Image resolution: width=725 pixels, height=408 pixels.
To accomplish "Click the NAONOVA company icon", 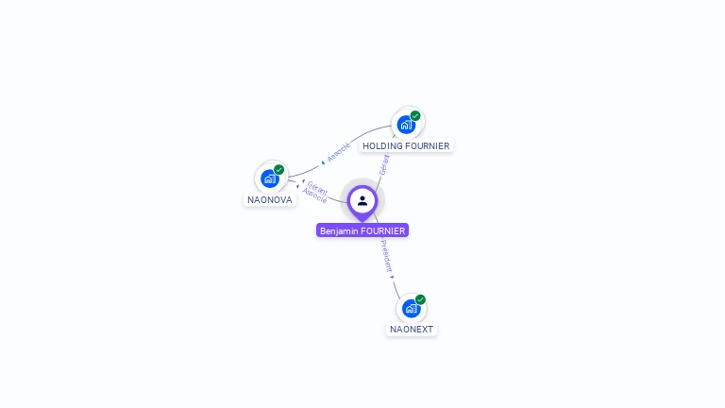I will tap(270, 178).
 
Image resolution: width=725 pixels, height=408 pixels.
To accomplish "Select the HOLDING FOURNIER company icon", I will tap(406, 125).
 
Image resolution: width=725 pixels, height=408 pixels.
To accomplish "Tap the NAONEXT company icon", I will tap(411, 309).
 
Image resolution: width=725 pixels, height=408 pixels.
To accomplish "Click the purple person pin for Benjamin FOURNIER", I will tap(362, 201).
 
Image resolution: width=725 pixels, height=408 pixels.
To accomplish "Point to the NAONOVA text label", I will tap(270, 199).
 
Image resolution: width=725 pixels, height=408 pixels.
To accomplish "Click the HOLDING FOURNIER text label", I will tap(406, 146).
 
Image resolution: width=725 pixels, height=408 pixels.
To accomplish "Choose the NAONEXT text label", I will tap(412, 330).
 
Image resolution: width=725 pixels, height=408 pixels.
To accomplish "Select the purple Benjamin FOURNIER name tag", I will tap(362, 230).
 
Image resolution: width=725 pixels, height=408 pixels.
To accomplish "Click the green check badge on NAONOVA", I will tap(279, 170).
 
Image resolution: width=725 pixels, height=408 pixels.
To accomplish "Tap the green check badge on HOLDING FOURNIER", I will tap(415, 116).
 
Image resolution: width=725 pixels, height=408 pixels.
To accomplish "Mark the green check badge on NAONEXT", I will tap(420, 300).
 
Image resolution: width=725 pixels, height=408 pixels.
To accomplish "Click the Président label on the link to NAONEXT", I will tap(386, 255).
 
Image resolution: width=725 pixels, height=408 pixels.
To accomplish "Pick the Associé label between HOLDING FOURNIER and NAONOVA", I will tap(337, 151).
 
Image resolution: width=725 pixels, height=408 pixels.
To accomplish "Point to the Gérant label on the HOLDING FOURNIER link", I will tap(384, 164).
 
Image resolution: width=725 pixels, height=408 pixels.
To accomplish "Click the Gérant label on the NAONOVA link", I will tap(317, 187).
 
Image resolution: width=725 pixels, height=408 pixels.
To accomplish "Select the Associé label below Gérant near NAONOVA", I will tap(315, 195).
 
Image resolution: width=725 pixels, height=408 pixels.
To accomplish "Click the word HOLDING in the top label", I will tap(382, 146).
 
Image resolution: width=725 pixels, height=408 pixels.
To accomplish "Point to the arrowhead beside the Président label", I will tap(393, 277).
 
